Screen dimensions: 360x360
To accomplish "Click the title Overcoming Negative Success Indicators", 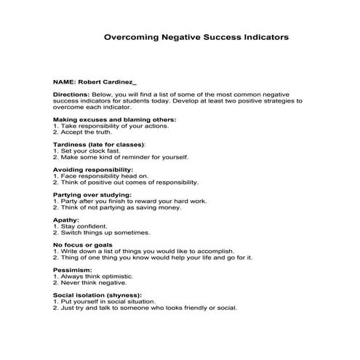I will tap(196, 35).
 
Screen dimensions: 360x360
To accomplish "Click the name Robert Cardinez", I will tap(105, 82).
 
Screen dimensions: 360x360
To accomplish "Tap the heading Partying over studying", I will tap(92, 195).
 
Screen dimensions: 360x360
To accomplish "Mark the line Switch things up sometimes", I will tap(101, 233).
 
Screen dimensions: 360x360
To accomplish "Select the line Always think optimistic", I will tap(93, 277).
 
